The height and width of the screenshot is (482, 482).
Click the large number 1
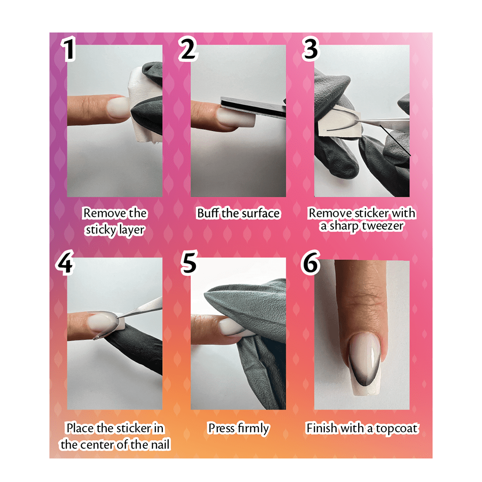pos(69,48)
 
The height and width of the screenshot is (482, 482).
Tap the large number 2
pos(188,48)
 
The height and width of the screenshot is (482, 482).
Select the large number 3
pos(311,48)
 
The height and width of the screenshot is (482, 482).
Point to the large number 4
pos(65,262)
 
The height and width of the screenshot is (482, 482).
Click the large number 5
pos(188,262)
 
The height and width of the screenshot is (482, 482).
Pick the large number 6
pos(311,262)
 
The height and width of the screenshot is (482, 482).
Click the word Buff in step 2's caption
pos(208,213)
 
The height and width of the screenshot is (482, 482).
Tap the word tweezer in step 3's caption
pos(382,226)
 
